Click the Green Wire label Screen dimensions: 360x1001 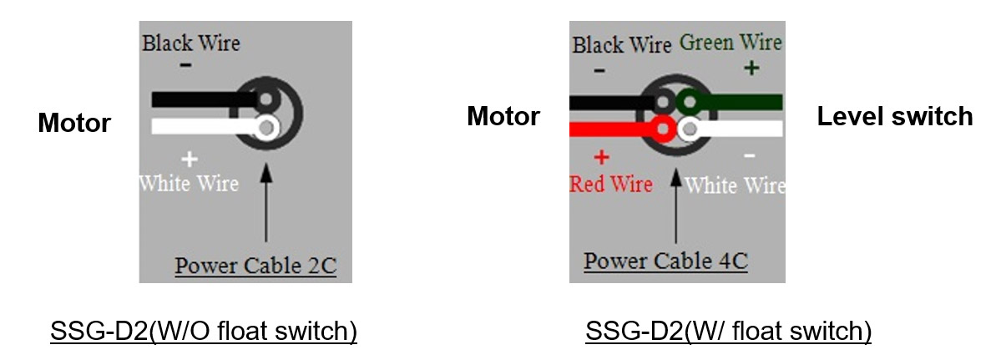(731, 43)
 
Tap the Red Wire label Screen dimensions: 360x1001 (610, 184)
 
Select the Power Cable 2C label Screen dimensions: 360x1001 (255, 266)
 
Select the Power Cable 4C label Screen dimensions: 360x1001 (665, 261)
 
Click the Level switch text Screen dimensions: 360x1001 (895, 116)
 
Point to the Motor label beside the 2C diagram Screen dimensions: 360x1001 (74, 124)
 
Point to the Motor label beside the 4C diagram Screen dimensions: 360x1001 (503, 116)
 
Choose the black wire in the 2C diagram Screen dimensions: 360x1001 (200, 99)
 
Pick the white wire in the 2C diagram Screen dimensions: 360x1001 (200, 126)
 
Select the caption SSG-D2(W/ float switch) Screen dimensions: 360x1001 (729, 332)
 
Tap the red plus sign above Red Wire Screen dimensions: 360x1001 (601, 157)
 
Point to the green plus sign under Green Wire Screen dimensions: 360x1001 (751, 68)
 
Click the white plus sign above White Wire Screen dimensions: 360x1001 (190, 159)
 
